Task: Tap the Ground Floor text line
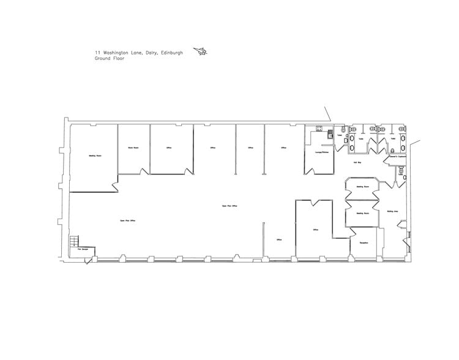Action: [110, 59]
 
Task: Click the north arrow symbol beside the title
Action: [200, 53]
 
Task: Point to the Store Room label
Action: [133, 148]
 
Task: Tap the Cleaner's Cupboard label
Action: [394, 157]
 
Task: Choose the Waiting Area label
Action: [393, 211]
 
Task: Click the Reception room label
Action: [362, 243]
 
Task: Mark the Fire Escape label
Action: [80, 250]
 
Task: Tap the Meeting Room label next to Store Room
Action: [94, 156]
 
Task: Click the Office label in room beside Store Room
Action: [168, 148]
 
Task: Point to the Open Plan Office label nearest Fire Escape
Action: [127, 219]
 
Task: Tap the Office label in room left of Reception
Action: [316, 230]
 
